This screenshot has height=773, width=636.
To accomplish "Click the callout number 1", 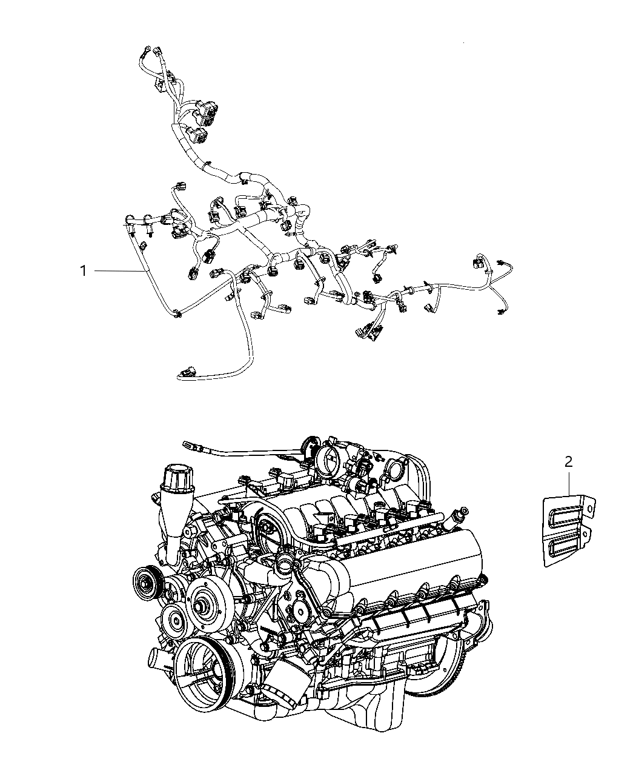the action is click(x=83, y=271).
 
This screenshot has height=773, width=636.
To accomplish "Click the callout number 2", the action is click(x=568, y=461).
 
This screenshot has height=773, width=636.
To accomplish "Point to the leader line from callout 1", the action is click(x=119, y=271).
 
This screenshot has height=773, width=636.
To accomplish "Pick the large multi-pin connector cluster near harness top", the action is click(x=205, y=112).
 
